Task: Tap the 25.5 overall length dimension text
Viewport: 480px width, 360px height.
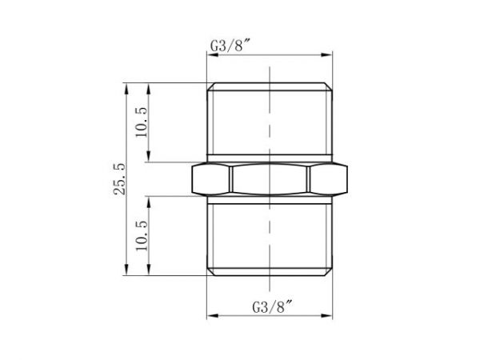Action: [x=120, y=178]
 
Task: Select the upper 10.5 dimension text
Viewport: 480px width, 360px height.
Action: [x=142, y=122]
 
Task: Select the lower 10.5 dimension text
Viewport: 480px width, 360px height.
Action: [x=142, y=236]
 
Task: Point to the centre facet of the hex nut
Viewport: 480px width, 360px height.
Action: [x=270, y=179]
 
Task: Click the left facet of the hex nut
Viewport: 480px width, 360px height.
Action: [x=211, y=179]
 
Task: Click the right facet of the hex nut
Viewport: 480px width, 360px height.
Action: [x=330, y=179]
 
